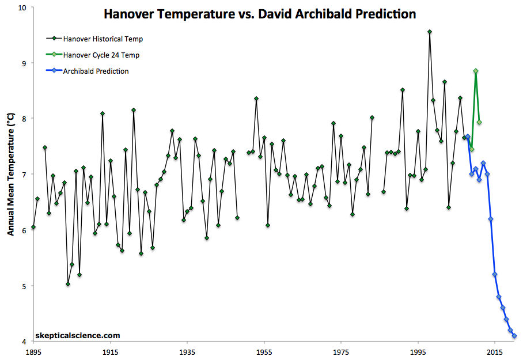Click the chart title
pyautogui.click(x=259, y=14)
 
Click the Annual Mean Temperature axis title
pyautogui.click(x=10, y=175)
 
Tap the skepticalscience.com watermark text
pyautogui.click(x=78, y=335)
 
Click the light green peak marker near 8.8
pyautogui.click(x=476, y=71)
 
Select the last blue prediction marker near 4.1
pyautogui.click(x=514, y=336)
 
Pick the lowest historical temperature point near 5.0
pyautogui.click(x=68, y=284)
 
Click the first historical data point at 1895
pyautogui.click(x=33, y=227)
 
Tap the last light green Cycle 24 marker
pyautogui.click(x=479, y=122)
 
